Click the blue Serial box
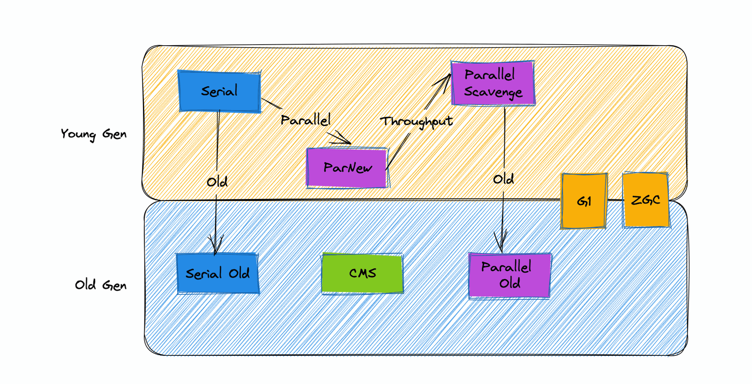(x=219, y=91)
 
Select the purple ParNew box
(x=347, y=168)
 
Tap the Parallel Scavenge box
(x=493, y=83)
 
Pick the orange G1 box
(x=584, y=201)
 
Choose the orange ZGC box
(x=646, y=200)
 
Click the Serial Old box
(x=218, y=273)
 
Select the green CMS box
(x=362, y=273)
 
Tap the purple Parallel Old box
(x=509, y=275)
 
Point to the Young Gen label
(x=94, y=135)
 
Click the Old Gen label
(x=101, y=285)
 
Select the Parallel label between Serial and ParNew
(x=305, y=120)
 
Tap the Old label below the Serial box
(x=217, y=182)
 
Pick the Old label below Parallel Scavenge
(x=503, y=179)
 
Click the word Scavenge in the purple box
(x=493, y=92)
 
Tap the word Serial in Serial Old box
(x=204, y=274)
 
